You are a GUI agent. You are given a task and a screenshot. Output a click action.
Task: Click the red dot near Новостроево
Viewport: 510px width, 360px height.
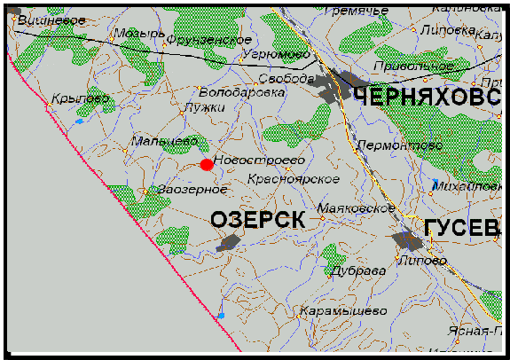[x=207, y=164]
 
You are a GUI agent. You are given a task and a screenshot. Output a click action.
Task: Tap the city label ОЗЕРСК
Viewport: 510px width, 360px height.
[x=257, y=219]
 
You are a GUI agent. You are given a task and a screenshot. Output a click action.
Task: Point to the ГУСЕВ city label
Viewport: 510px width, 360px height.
[x=456, y=228]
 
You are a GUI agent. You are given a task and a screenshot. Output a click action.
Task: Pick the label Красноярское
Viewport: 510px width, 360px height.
[x=293, y=179]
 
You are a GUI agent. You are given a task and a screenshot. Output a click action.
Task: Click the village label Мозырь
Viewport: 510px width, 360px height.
[x=138, y=33]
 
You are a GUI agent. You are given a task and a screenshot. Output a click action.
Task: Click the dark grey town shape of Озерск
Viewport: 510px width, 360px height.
[x=228, y=242]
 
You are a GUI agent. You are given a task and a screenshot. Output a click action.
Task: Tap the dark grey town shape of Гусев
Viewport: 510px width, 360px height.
[x=408, y=239]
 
